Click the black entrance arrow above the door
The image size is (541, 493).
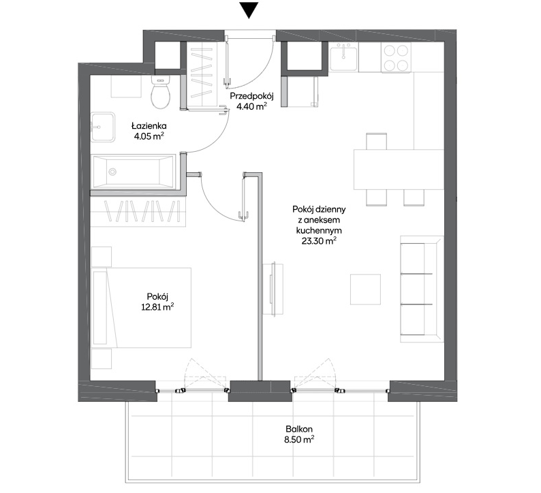(249, 10)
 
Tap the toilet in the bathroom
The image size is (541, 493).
(161, 92)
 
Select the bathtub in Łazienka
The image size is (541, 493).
(134, 172)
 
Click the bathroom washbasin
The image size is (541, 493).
(103, 127)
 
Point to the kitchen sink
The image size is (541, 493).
(343, 57)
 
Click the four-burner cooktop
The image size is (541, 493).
(396, 57)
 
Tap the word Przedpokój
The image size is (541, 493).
(252, 96)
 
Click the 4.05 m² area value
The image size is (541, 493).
(149, 136)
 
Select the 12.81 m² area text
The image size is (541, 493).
(157, 307)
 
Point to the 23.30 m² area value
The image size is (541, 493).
(319, 241)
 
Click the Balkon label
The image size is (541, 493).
(299, 429)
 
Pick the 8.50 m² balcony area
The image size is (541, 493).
(299, 440)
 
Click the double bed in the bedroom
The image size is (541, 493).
(142, 308)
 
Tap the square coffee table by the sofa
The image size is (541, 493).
(365, 289)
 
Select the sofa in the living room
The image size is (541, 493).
(422, 289)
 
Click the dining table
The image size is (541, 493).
(399, 170)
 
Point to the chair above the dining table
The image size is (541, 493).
(376, 141)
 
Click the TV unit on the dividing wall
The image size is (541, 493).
(273, 289)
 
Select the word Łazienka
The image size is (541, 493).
(149, 125)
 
